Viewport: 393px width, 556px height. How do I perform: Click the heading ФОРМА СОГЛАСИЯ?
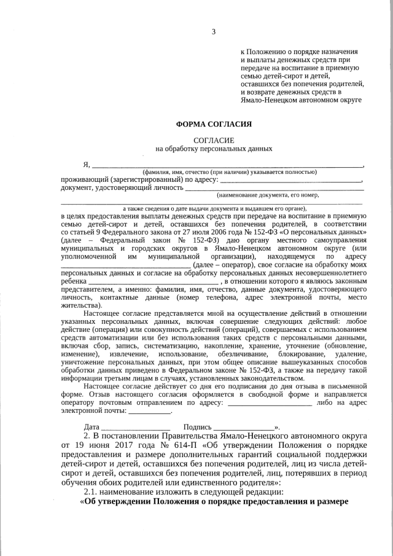(214, 123)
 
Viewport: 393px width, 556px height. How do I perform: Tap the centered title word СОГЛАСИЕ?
(214, 140)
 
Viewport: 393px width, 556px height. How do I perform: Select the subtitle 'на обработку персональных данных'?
(214, 149)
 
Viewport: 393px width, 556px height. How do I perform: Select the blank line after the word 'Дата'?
(136, 427)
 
